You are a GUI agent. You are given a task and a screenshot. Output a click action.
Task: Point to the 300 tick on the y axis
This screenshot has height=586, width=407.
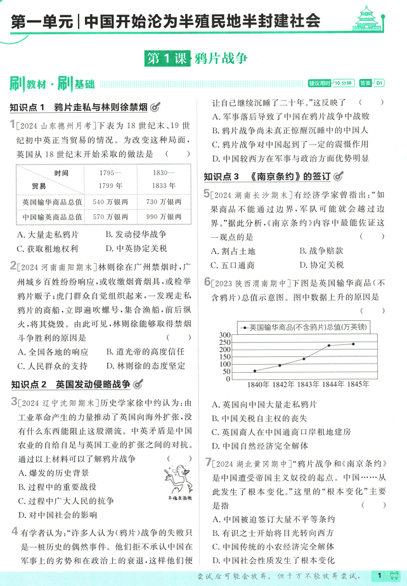225,335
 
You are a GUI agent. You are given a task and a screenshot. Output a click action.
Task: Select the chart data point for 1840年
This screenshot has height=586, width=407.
255,371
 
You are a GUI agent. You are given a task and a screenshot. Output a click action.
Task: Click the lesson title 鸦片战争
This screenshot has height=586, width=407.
221,58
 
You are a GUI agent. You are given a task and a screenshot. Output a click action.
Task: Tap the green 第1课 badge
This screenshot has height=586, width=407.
166,58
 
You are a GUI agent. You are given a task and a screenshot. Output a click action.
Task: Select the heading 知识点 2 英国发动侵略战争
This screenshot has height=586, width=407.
70,384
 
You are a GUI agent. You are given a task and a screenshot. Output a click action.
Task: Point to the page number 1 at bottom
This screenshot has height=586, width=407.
378,575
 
